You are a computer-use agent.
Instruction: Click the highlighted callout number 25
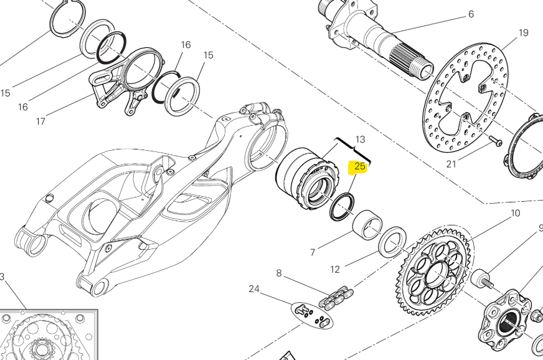360,166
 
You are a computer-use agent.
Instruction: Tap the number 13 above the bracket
360,139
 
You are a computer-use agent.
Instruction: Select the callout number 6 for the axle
471,14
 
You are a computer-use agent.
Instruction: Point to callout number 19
523,32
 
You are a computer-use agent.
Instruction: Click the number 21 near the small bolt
451,164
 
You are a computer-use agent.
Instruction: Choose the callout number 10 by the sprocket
515,214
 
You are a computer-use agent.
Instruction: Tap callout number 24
253,288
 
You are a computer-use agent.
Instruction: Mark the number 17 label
40,121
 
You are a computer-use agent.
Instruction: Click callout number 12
335,269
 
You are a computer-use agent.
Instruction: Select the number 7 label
313,252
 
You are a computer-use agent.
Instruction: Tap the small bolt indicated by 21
496,141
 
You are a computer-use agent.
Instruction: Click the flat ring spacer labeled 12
393,242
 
